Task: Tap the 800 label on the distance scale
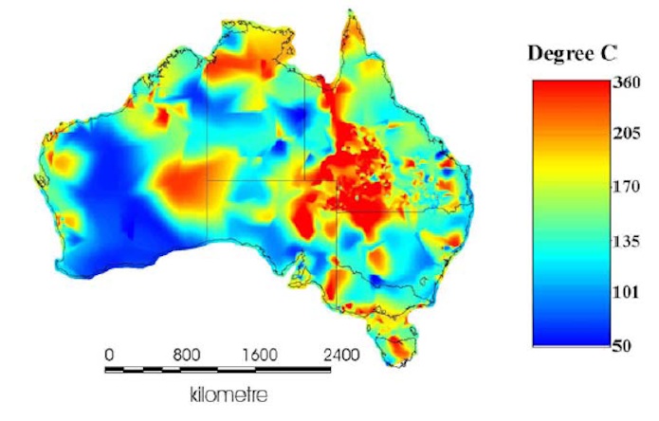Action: pos(188,356)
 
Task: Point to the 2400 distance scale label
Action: pos(339,356)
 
